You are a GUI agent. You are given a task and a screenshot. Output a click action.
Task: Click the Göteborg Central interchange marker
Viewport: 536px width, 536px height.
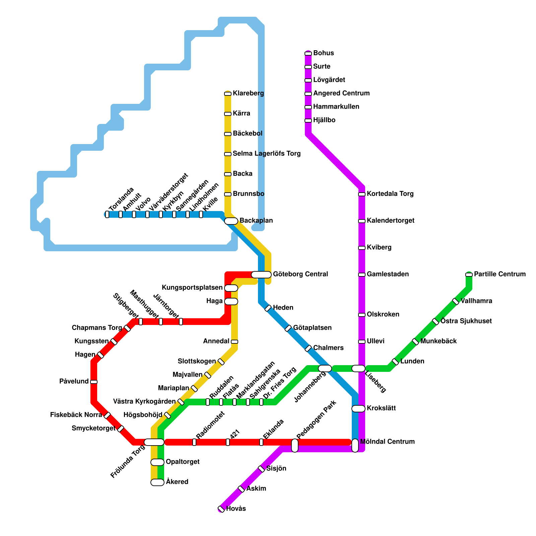(x=261, y=275)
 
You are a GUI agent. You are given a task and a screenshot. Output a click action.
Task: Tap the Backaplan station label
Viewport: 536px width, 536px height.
(x=256, y=221)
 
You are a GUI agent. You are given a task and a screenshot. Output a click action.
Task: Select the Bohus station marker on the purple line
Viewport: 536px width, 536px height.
(x=308, y=54)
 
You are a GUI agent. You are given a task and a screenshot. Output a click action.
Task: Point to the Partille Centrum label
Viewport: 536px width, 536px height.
(x=500, y=274)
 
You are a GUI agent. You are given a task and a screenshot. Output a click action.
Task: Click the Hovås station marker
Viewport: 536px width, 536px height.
(x=221, y=509)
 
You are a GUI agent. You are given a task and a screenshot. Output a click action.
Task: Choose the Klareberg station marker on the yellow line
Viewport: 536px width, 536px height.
(x=228, y=94)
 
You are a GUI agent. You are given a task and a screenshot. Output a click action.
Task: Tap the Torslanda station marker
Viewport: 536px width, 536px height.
(x=107, y=214)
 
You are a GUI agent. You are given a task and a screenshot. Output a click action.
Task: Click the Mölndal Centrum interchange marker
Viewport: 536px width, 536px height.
(x=355, y=445)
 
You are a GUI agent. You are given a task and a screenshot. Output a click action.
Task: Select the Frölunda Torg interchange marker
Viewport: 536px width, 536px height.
(x=154, y=442)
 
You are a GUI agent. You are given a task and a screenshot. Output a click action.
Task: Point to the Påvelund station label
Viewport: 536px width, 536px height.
(x=74, y=382)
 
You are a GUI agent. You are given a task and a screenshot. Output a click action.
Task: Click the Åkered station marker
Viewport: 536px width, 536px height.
(x=157, y=482)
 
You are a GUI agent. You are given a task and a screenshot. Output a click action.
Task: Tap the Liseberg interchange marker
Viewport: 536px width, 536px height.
(x=358, y=368)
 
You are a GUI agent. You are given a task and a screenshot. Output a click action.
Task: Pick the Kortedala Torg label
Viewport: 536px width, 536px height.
(x=390, y=194)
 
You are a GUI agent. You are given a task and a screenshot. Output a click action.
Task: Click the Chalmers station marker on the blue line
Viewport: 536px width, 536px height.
(x=308, y=348)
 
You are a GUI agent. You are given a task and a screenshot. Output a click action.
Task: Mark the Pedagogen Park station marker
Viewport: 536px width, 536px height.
(x=295, y=445)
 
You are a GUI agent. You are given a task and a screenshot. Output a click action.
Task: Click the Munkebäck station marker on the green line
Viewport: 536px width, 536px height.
(x=415, y=342)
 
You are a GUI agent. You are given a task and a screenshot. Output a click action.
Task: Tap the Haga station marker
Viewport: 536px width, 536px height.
(x=231, y=301)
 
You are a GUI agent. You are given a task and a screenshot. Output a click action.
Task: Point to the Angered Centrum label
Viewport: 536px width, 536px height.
(x=341, y=93)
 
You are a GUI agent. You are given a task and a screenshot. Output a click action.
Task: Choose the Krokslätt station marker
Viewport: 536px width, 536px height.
(x=358, y=409)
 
